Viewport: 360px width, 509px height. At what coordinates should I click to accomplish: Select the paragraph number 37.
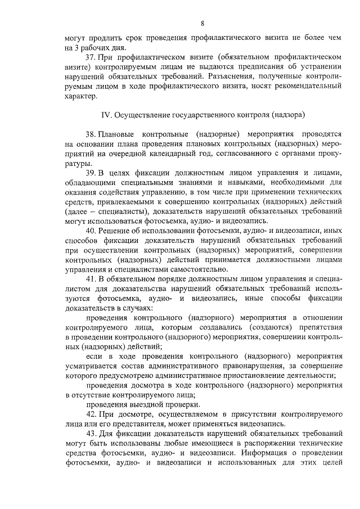pos(90,57)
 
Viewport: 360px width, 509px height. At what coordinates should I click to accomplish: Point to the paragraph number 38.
pos(90,134)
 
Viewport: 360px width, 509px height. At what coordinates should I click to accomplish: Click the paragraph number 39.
pos(90,173)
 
